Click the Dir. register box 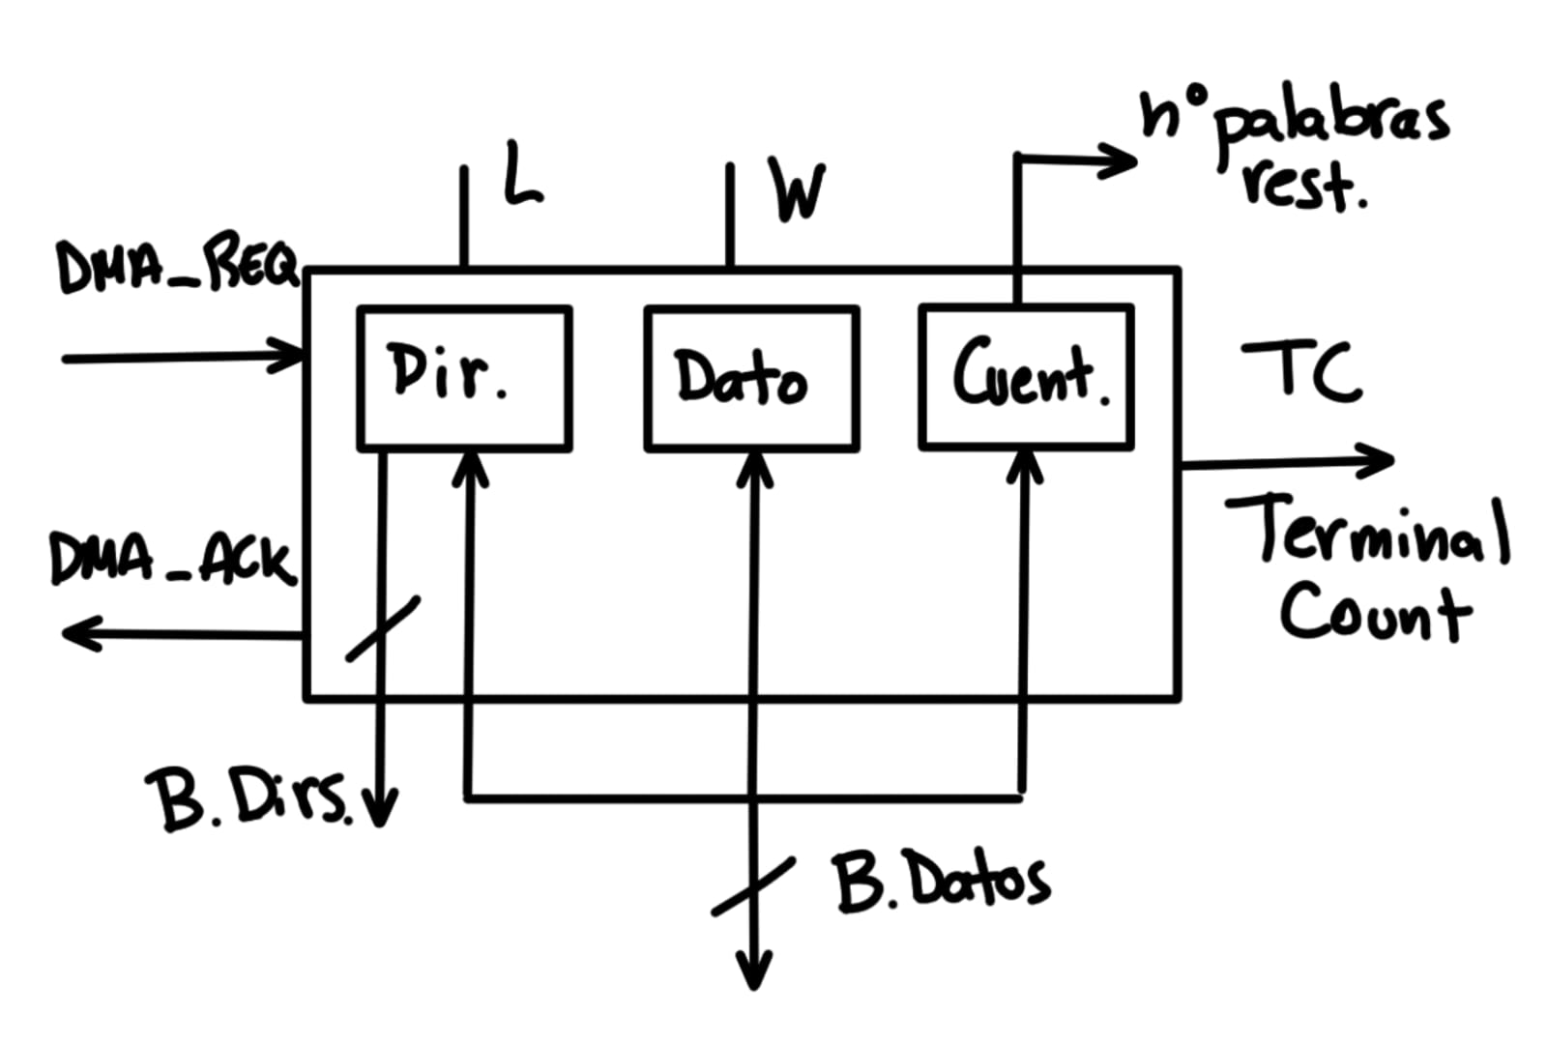click(464, 378)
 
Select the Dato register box click(751, 378)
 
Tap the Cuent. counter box click(1026, 376)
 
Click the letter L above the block click(522, 174)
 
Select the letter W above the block click(798, 190)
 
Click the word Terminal click(1367, 531)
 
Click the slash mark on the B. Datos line click(752, 886)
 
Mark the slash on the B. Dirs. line click(383, 628)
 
